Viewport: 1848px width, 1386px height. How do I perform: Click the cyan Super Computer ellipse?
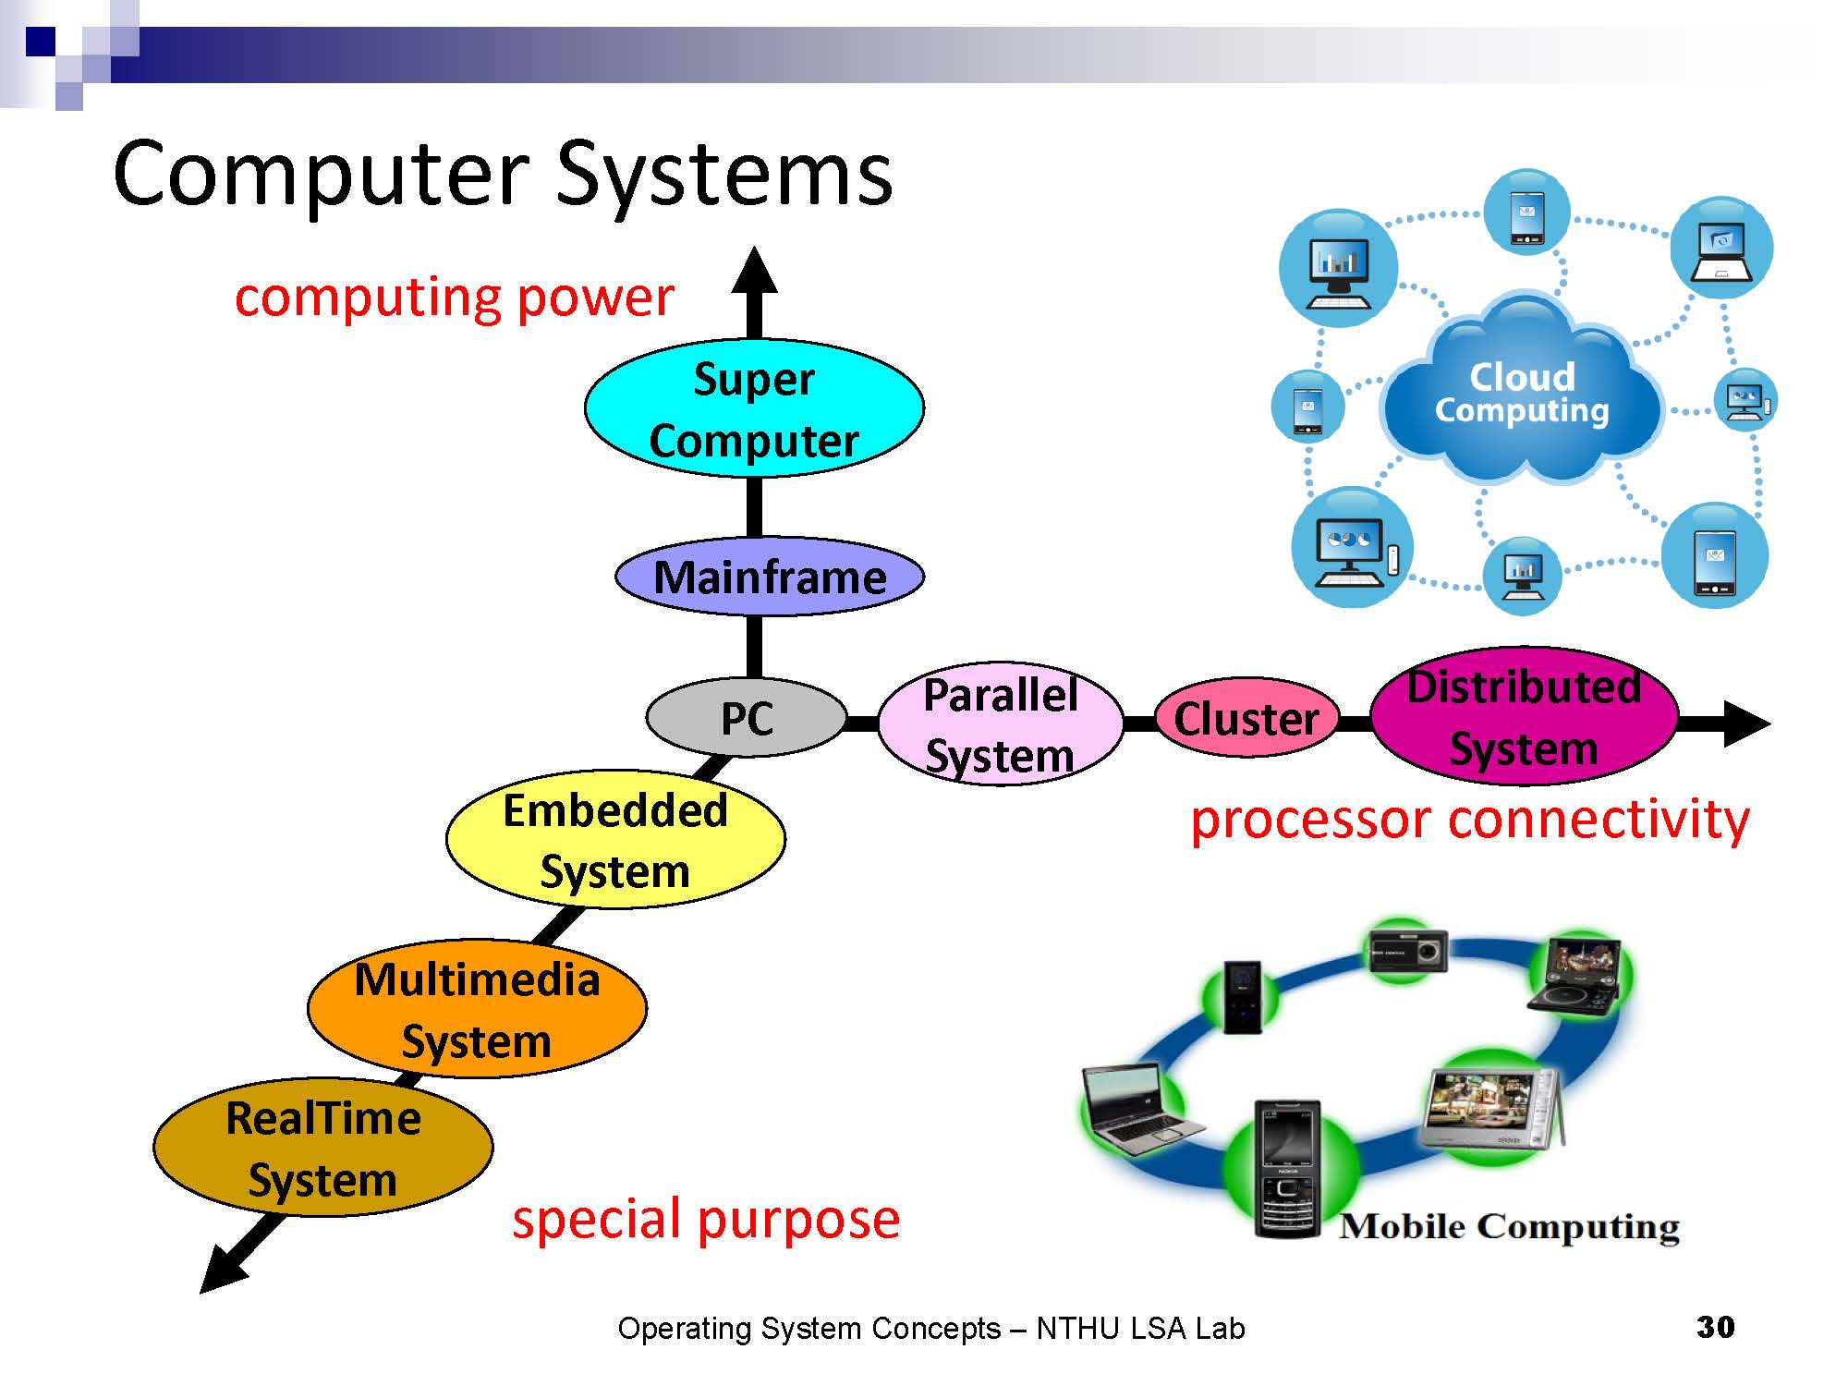pos(754,408)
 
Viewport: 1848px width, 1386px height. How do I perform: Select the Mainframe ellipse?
pos(769,577)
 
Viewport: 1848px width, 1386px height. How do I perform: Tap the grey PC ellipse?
pos(746,718)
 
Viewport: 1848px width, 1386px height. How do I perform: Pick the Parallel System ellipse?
pos(1001,724)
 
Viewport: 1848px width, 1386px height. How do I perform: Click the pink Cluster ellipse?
pos(1246,718)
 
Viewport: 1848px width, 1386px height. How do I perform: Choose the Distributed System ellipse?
pos(1524,717)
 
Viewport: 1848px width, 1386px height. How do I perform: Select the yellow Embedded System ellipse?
pos(615,840)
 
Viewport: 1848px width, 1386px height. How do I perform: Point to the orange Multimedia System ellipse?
pos(477,1009)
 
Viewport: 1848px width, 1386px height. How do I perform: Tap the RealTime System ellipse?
pos(323,1148)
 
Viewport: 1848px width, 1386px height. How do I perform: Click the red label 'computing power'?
pos(454,298)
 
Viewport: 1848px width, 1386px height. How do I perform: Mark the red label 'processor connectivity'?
pos(1469,820)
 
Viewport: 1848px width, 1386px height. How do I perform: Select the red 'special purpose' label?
pos(706,1219)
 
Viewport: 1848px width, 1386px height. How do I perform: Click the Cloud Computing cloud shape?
pos(1521,394)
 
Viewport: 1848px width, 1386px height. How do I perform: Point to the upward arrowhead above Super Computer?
pos(754,273)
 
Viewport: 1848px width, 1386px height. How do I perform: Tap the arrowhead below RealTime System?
pos(222,1270)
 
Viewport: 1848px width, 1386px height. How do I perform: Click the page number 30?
pos(1715,1327)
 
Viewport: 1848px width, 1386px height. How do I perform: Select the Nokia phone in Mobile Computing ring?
pos(1287,1169)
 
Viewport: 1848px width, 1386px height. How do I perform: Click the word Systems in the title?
pos(724,176)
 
